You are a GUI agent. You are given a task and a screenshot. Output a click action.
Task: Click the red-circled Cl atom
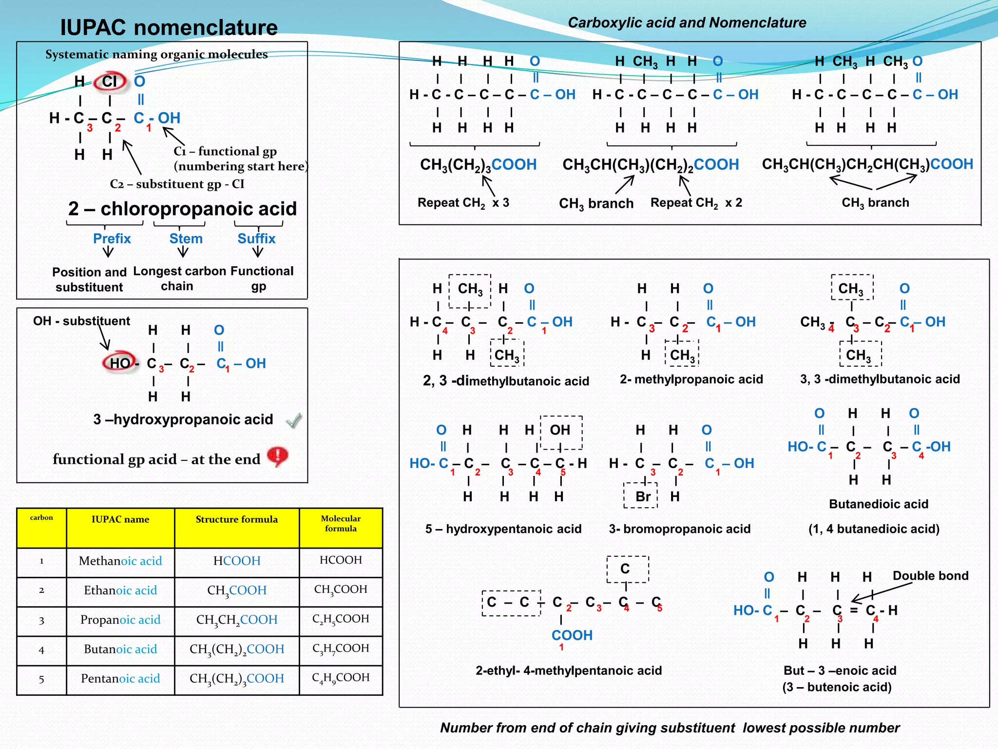tap(110, 81)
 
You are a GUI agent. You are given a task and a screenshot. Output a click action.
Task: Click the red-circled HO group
tap(119, 363)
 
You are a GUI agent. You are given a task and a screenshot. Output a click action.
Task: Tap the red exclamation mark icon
tap(278, 456)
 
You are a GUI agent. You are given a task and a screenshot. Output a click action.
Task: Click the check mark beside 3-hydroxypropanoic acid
tap(294, 420)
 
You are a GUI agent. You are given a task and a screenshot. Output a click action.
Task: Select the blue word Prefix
tap(112, 238)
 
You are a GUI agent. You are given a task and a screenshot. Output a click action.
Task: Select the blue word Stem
tap(186, 238)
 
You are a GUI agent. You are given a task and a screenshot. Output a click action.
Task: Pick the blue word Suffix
tap(256, 238)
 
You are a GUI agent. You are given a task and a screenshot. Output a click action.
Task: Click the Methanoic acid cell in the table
tap(120, 561)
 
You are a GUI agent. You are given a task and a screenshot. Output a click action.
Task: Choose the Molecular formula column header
tap(341, 523)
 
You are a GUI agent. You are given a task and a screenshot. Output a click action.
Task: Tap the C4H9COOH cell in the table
tap(341, 678)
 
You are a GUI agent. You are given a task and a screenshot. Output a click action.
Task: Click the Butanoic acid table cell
tap(120, 649)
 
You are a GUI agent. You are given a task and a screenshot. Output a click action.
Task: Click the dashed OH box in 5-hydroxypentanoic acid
tap(561, 432)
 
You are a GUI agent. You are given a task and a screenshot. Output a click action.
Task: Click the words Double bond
tap(930, 575)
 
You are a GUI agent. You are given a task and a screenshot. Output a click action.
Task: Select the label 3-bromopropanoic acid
tap(679, 529)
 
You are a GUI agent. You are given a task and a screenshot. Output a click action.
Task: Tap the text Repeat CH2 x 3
tap(463, 202)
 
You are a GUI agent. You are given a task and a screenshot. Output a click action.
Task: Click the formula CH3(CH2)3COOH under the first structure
tap(478, 164)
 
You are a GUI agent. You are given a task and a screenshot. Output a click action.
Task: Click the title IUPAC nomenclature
tap(169, 27)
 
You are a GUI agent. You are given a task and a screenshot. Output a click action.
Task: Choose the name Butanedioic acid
tap(878, 504)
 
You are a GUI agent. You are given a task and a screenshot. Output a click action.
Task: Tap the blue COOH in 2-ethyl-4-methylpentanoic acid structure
tap(572, 635)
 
